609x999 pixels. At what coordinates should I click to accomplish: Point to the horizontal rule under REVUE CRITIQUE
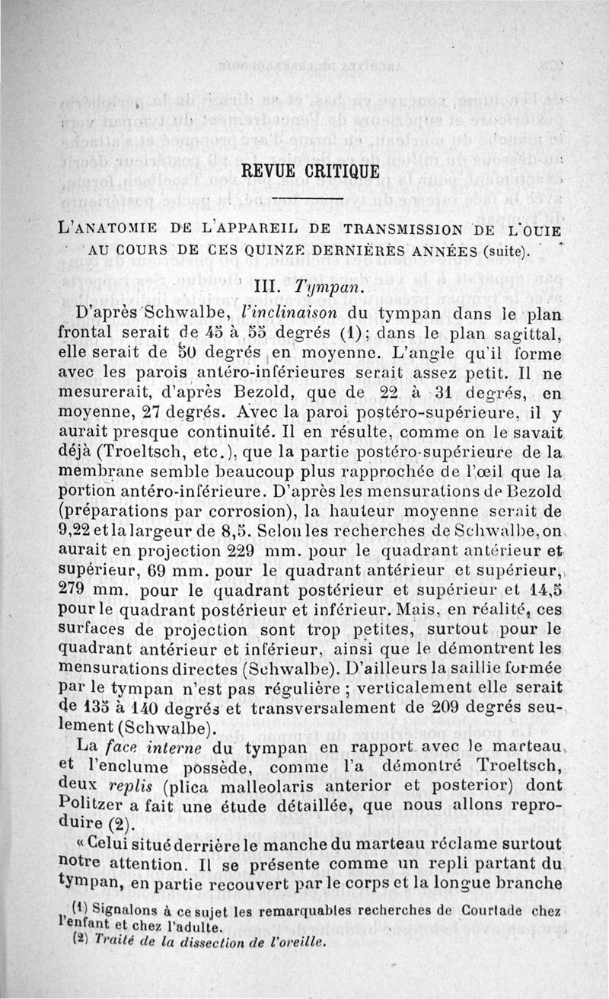304,201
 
